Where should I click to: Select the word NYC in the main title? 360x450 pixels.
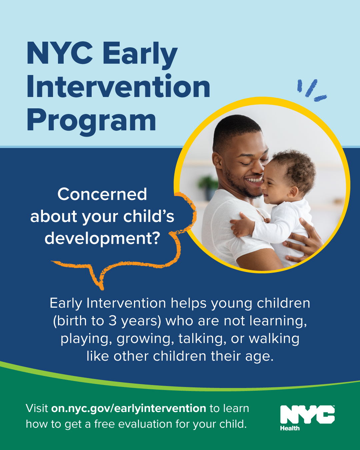(60, 53)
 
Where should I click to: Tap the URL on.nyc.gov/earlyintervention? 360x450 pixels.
(129, 408)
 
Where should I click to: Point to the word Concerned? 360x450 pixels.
(102, 194)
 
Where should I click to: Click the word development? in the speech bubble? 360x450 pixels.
(102, 239)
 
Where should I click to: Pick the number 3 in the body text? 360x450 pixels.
(113, 321)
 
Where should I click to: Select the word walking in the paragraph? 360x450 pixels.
(274, 339)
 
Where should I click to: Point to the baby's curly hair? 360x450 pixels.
(297, 167)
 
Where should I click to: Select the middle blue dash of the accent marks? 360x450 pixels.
(311, 88)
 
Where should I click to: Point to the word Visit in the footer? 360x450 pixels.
(37, 408)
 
